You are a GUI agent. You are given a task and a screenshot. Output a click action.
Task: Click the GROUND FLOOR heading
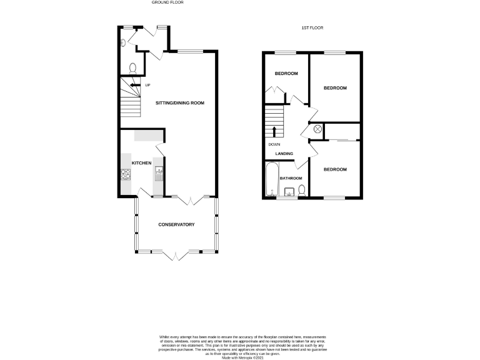(167, 2)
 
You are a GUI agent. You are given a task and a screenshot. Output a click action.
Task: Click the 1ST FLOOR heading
(312, 28)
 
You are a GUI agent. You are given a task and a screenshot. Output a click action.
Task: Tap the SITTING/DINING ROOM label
(179, 102)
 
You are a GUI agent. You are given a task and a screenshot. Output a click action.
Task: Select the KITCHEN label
(141, 163)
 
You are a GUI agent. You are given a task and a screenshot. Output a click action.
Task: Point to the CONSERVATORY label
(176, 224)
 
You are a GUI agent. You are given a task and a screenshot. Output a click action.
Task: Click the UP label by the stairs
(148, 85)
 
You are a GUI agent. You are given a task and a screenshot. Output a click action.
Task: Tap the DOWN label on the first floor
(274, 144)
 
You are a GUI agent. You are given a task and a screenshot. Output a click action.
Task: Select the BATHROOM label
(291, 179)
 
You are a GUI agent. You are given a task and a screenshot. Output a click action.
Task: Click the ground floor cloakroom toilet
(132, 67)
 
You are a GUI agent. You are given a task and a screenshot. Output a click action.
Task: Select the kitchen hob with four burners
(125, 176)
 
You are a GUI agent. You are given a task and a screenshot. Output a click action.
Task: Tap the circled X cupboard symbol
(317, 129)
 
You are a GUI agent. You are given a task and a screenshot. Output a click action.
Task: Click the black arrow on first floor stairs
(274, 131)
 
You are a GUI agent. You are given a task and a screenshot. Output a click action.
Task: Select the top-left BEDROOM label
(286, 74)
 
